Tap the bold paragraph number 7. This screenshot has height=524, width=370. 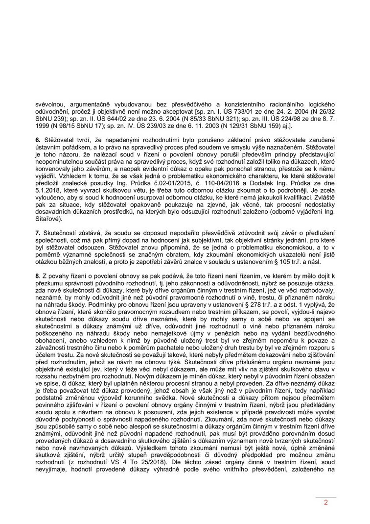pyautogui.click(x=37, y=231)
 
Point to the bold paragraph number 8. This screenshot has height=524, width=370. pyautogui.click(x=37, y=276)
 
